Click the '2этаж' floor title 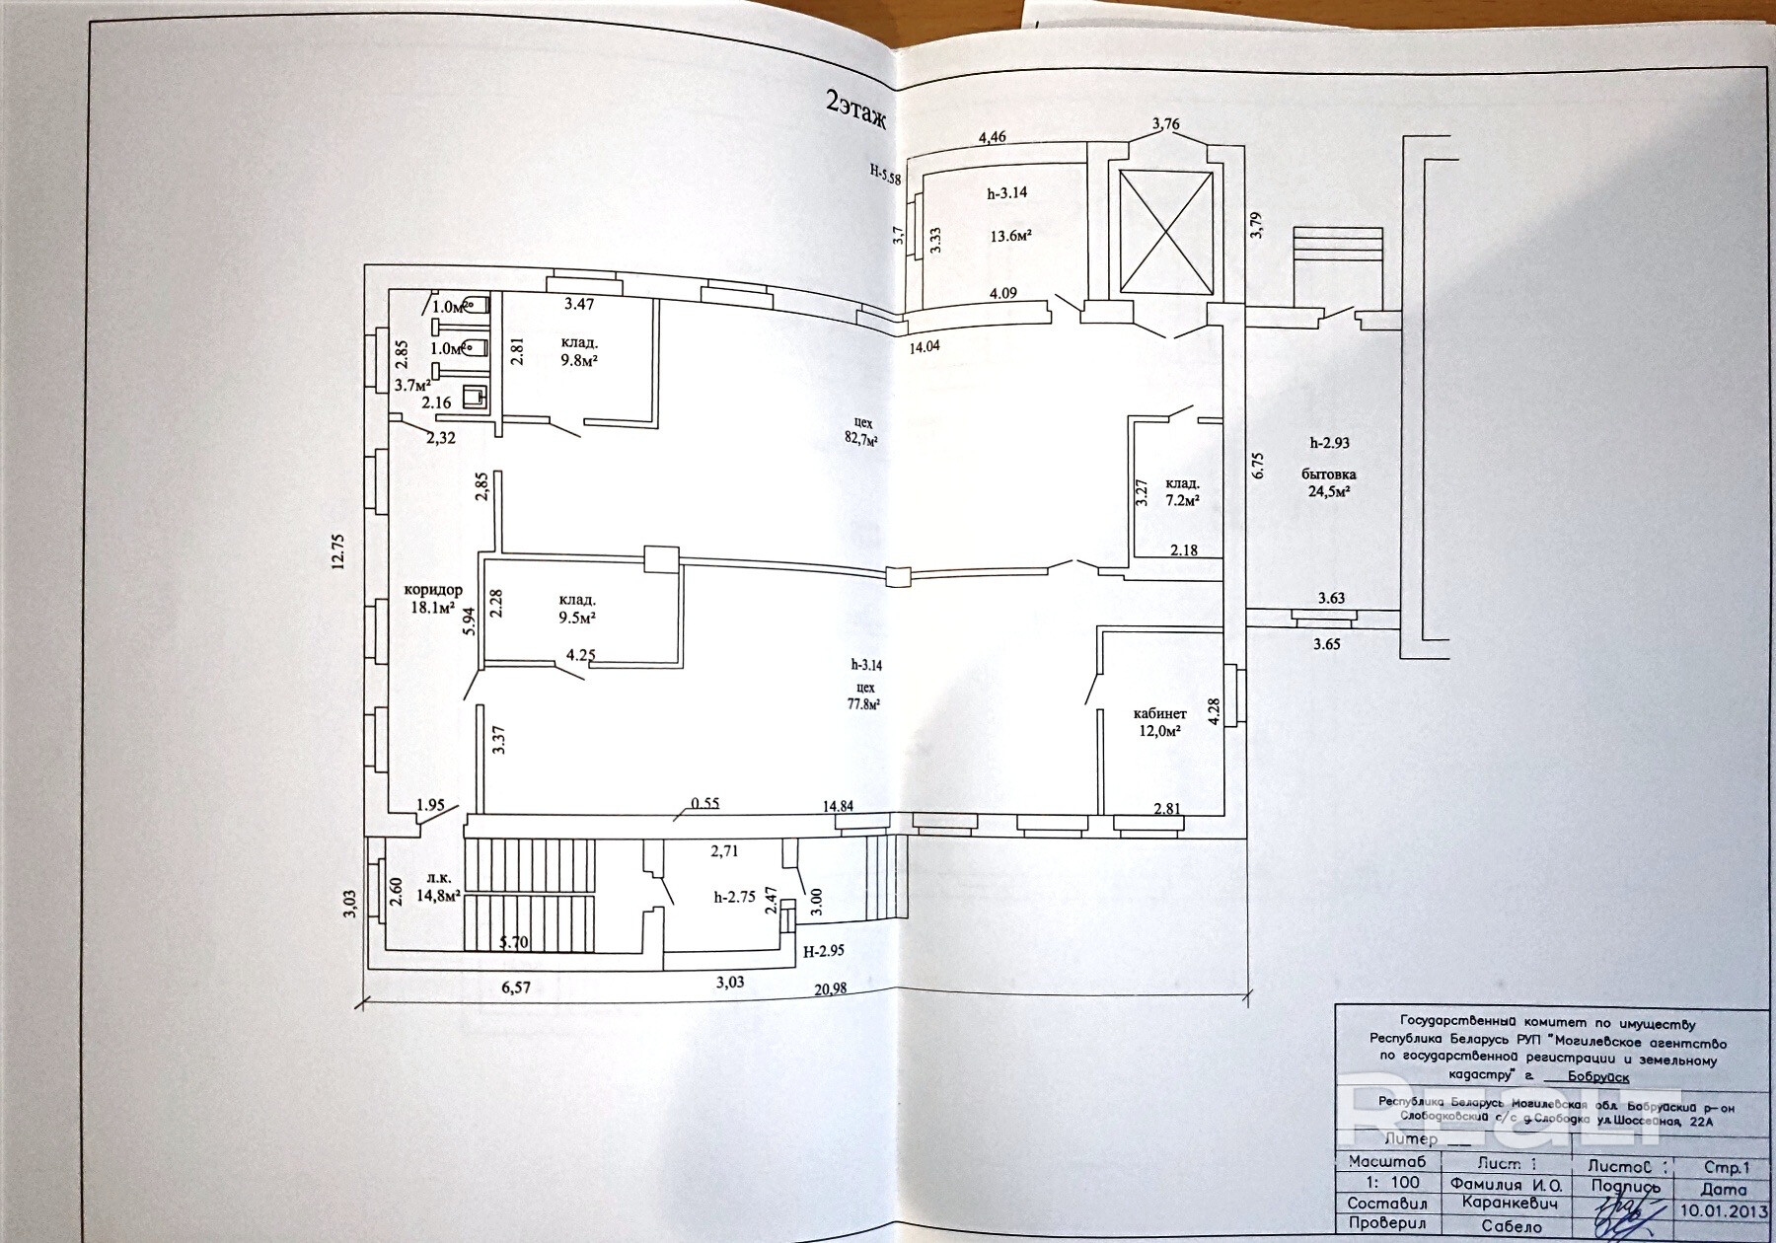(x=856, y=110)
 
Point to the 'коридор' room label (x=432, y=590)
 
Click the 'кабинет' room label (x=1159, y=712)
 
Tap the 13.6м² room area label (x=1010, y=236)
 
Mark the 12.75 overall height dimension (x=337, y=548)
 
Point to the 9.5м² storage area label (x=577, y=618)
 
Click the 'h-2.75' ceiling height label (x=734, y=897)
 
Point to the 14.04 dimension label (x=926, y=346)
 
